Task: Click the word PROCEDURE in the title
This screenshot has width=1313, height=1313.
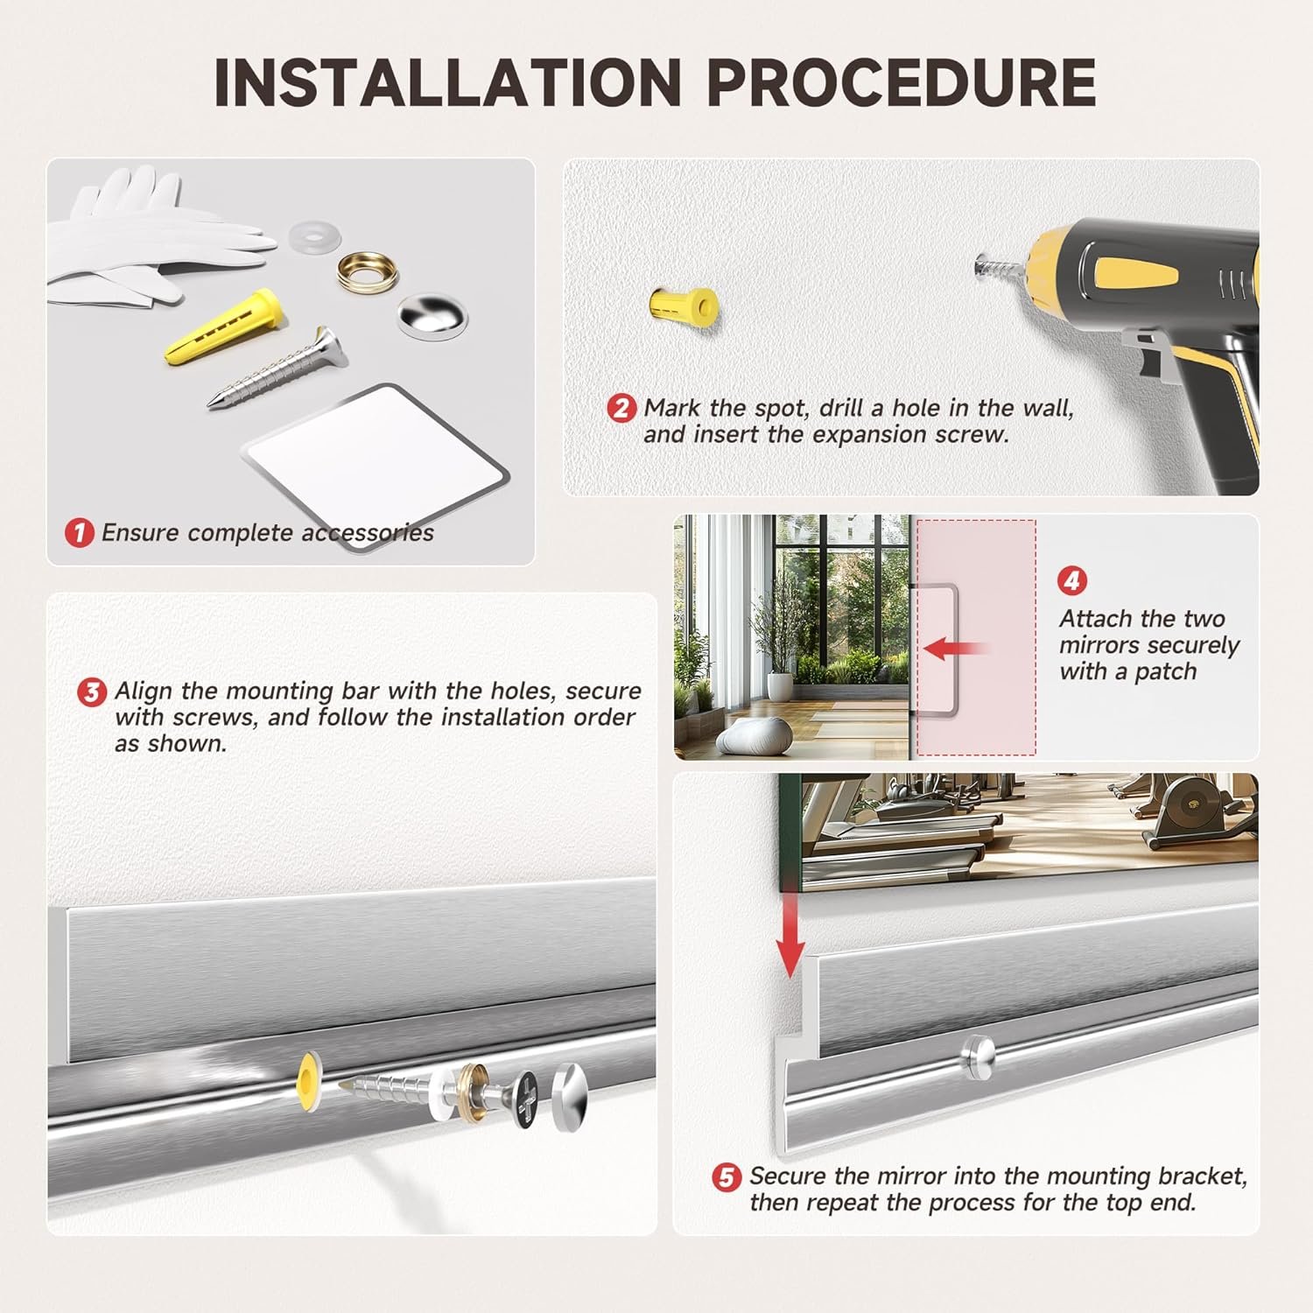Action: [902, 82]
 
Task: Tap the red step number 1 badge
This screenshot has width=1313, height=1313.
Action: [80, 532]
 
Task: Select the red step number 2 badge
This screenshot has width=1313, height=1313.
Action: [621, 408]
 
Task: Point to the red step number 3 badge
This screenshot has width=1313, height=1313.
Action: [91, 692]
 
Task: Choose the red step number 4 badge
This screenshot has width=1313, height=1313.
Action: [1072, 580]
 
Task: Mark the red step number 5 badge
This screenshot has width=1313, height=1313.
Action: [727, 1177]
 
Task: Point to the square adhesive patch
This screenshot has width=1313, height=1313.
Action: [376, 466]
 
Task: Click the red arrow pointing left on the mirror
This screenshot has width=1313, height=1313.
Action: [954, 649]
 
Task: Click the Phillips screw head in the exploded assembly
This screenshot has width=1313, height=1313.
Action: [523, 1094]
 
